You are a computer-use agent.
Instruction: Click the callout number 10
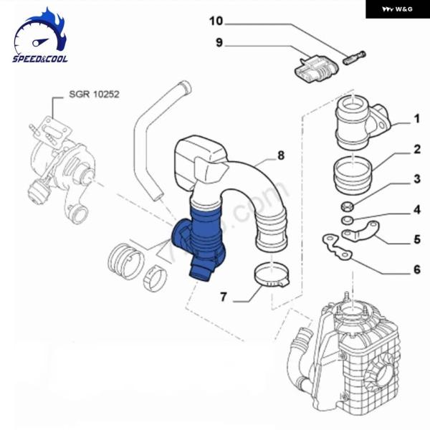pyautogui.click(x=216, y=20)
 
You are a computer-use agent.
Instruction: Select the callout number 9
pyautogui.click(x=220, y=43)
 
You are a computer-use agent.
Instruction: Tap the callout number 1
pyautogui.click(x=416, y=118)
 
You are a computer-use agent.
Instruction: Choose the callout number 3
pyautogui.click(x=416, y=179)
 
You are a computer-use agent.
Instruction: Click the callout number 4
pyautogui.click(x=416, y=210)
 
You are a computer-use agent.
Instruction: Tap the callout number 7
pyautogui.click(x=223, y=296)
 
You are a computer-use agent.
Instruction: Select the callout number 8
pyautogui.click(x=281, y=154)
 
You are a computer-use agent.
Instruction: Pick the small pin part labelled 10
pyautogui.click(x=355, y=57)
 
